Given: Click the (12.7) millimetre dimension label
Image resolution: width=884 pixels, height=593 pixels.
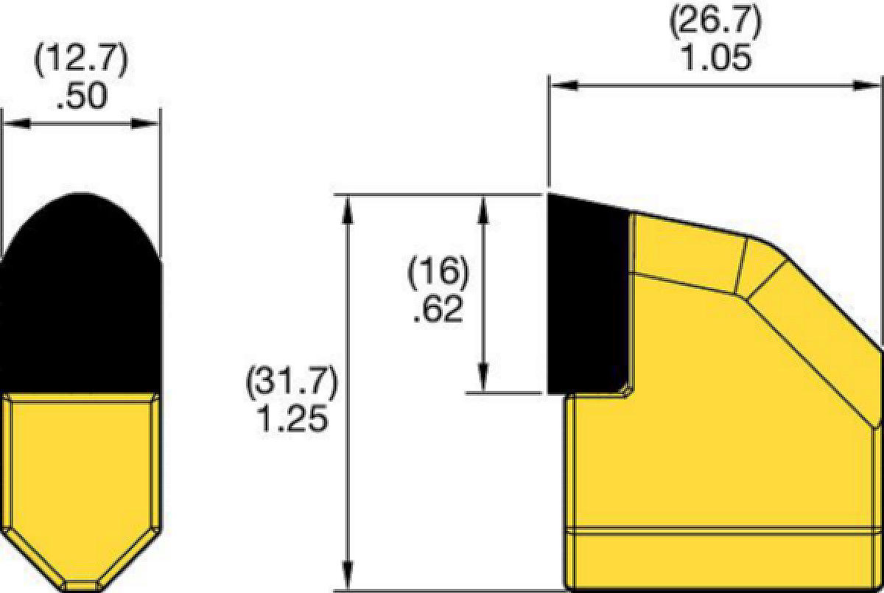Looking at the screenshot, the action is [x=81, y=60].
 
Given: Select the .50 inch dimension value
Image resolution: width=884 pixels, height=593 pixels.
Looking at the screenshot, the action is [x=82, y=96].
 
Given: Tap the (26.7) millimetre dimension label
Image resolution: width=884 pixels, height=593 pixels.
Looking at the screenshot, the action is [x=715, y=21].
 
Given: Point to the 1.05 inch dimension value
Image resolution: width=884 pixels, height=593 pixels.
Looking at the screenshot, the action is [x=716, y=57].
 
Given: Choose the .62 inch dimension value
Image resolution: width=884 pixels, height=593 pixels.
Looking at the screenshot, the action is [x=438, y=309].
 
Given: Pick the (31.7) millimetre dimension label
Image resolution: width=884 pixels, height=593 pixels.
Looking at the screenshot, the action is [x=292, y=382].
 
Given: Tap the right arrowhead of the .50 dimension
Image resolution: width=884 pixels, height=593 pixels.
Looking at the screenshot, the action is [x=145, y=124].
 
